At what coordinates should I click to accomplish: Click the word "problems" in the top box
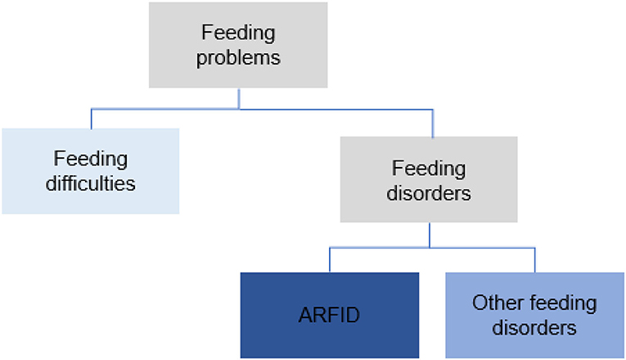tap(238, 58)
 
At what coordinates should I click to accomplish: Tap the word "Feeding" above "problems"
tap(238, 33)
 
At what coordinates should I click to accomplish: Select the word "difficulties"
tap(91, 183)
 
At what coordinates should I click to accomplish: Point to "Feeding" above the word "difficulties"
tap(91, 159)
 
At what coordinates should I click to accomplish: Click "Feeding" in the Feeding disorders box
tap(429, 169)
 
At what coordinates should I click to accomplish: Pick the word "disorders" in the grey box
tap(429, 193)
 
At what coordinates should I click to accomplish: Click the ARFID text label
tap(330, 315)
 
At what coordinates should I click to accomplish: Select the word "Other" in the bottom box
tap(495, 303)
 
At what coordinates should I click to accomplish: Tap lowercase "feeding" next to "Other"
tap(560, 304)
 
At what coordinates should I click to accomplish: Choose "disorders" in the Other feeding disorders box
tap(534, 327)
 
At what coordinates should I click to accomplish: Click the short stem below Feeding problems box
tap(239, 98)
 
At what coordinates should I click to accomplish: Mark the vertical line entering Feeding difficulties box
tap(92, 119)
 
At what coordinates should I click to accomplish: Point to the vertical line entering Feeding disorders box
tap(433, 123)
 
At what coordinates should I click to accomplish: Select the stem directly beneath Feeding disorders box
tap(430, 235)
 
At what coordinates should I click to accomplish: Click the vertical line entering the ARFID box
tap(330, 260)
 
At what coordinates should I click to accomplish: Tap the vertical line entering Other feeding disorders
tap(535, 260)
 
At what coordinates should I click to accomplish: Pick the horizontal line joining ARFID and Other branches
tap(432, 248)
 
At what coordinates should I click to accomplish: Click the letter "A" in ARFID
tap(305, 315)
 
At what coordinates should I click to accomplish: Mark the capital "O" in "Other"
tap(480, 303)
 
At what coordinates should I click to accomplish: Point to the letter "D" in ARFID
tap(353, 315)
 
